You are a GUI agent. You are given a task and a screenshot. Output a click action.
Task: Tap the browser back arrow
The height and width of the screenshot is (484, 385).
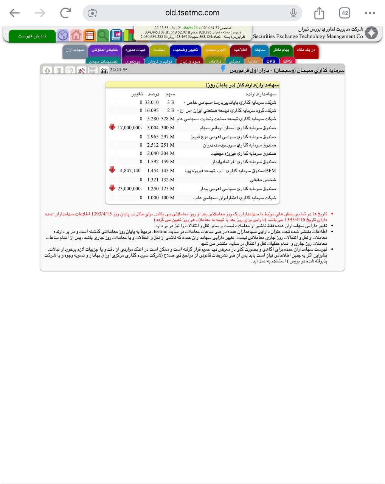click(14, 13)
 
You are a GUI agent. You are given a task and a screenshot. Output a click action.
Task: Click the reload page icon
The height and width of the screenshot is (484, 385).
click(65, 13)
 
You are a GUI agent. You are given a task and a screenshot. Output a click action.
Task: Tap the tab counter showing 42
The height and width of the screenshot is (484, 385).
click(345, 13)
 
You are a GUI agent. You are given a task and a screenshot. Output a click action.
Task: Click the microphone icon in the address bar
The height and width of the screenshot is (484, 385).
click(293, 13)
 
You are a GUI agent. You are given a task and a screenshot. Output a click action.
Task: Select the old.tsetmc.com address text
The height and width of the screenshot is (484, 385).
click(192, 13)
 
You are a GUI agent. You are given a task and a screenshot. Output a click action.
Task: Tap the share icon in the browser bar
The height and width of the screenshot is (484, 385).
click(319, 13)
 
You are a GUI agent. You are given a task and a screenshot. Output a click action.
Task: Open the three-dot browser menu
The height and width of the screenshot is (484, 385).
click(370, 13)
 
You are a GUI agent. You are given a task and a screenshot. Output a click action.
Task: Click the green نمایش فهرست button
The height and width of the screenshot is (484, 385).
click(32, 36)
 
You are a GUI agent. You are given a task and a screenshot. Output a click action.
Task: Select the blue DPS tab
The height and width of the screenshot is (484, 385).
click(271, 61)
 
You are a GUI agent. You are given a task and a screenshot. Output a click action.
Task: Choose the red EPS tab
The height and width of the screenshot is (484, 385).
click(287, 61)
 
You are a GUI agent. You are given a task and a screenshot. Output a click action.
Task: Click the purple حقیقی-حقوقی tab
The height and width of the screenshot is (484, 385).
click(104, 50)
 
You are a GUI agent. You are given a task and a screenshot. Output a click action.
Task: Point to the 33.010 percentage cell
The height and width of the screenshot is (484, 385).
click(152, 102)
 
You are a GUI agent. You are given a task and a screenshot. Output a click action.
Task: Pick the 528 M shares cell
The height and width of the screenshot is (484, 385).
click(168, 119)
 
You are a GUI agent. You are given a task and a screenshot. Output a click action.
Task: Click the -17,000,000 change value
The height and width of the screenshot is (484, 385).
click(130, 128)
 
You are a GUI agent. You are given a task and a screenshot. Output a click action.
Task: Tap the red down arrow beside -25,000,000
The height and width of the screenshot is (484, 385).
click(112, 188)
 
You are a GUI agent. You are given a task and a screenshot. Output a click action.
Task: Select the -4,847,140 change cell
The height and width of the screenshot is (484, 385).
click(131, 171)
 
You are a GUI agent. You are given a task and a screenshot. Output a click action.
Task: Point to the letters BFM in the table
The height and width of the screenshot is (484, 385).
click(270, 171)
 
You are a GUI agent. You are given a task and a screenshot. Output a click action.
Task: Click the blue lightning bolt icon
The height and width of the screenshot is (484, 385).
click(223, 68)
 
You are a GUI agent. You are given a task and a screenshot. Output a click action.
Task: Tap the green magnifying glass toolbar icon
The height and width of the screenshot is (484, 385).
click(102, 36)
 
